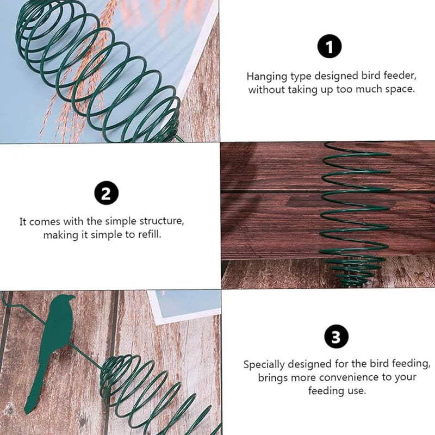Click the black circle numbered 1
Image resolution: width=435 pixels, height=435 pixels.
point(330,46)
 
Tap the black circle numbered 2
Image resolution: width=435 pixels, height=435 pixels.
point(106,193)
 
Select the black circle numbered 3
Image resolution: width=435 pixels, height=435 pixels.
point(336,337)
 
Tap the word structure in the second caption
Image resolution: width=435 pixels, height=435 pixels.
point(161,221)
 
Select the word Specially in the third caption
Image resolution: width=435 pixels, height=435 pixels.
point(264,365)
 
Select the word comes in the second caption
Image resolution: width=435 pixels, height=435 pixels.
point(45,222)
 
